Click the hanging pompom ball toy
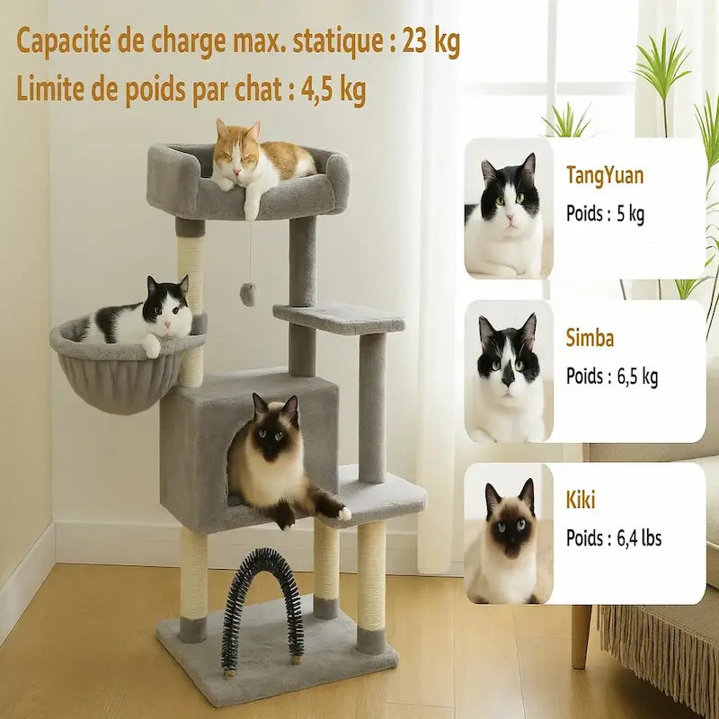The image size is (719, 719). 249,294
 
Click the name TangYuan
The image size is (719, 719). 605,175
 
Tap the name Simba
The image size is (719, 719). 590,339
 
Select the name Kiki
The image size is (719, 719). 581,500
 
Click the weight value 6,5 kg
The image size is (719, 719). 637,377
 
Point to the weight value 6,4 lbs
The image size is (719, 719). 639,537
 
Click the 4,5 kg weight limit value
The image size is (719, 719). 333,90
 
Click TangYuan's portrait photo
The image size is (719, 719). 509,209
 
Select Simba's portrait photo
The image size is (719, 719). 509,371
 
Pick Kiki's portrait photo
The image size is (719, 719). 509,533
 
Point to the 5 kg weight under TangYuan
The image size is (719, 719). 631,214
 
